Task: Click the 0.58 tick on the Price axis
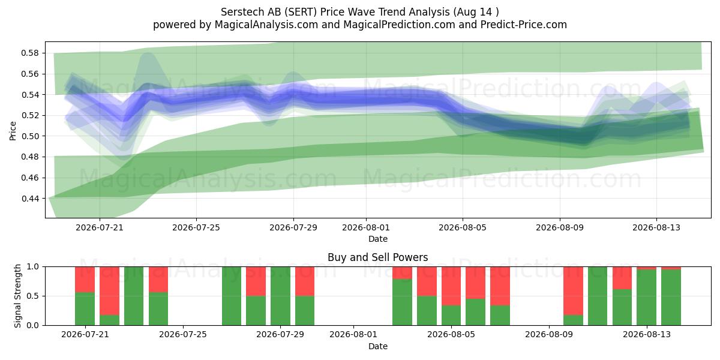[x=30, y=53]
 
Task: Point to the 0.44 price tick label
[x=30, y=199]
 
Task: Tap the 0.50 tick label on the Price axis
[x=30, y=136]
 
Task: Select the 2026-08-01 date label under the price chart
[x=366, y=227]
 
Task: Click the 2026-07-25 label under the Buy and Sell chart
[x=183, y=335]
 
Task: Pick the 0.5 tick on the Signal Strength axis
[x=33, y=296]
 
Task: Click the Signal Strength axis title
[x=17, y=296]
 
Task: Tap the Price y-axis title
[x=13, y=131]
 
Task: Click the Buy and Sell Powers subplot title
[x=377, y=257]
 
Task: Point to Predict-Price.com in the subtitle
[x=524, y=25]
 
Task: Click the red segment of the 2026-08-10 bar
[x=573, y=291]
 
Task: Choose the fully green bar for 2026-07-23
[x=134, y=296]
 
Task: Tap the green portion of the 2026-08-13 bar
[x=646, y=298]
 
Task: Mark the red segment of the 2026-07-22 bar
[x=109, y=291]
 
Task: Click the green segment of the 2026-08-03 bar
[x=402, y=302]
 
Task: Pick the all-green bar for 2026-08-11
[x=598, y=296]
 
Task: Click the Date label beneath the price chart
[x=377, y=239]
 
